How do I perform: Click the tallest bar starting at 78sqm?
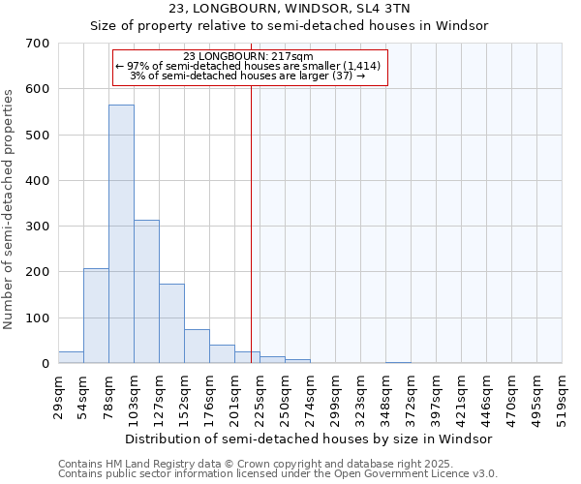[x=121, y=234]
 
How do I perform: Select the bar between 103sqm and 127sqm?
[x=146, y=291]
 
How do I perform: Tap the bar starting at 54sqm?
[x=96, y=316]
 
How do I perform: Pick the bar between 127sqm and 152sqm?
[x=171, y=323]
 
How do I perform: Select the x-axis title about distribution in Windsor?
[x=309, y=439]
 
